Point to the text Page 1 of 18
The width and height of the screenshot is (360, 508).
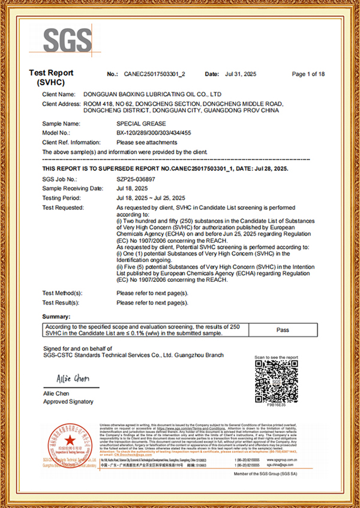click(308, 74)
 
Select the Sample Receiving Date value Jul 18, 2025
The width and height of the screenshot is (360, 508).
click(131, 188)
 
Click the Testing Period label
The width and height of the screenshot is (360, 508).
click(61, 198)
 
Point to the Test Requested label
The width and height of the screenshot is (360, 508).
click(64, 208)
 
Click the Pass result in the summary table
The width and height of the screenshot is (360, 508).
click(283, 330)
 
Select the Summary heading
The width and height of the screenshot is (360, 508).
click(58, 316)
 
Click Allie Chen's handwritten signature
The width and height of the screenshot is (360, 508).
click(73, 380)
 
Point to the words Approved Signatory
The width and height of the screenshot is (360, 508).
click(68, 402)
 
